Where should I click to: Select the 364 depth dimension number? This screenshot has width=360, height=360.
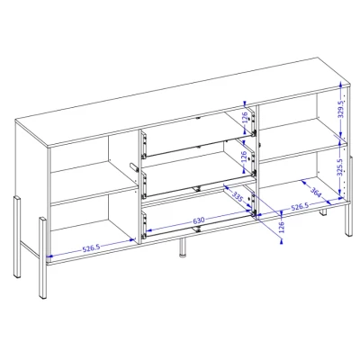(316, 193)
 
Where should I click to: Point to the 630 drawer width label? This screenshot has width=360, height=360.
(199, 221)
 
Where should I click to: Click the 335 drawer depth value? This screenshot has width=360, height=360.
(238, 197)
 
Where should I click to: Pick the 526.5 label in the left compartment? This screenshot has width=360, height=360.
(91, 247)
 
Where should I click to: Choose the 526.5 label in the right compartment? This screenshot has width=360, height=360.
(299, 207)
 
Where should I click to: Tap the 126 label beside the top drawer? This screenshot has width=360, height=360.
(245, 117)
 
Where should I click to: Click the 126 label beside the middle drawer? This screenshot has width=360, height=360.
(245, 156)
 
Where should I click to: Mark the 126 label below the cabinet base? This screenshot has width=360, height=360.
(281, 228)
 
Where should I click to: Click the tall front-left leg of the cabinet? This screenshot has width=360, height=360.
(42, 258)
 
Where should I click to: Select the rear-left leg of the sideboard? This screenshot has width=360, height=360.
(17, 237)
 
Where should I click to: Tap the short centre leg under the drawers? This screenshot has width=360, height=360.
(183, 248)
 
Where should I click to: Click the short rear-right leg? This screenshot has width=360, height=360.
(323, 212)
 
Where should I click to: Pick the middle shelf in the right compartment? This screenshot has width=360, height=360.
(302, 141)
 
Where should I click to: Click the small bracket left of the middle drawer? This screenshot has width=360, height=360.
(134, 167)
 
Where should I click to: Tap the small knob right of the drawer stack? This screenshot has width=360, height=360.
(260, 145)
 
